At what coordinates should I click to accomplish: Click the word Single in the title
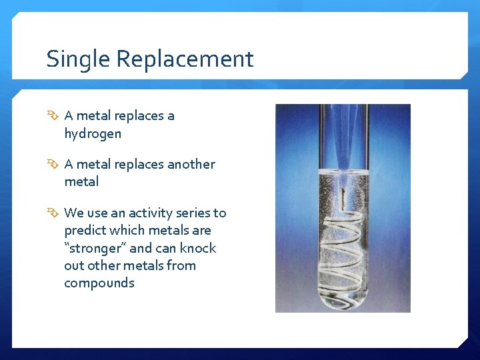coord(79,59)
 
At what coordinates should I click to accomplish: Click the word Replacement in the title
coord(185,59)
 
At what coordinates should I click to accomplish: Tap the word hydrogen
coord(93,133)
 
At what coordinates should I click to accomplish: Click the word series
coord(193,213)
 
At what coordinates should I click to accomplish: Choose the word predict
coord(83,231)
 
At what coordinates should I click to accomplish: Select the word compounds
coord(99,283)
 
